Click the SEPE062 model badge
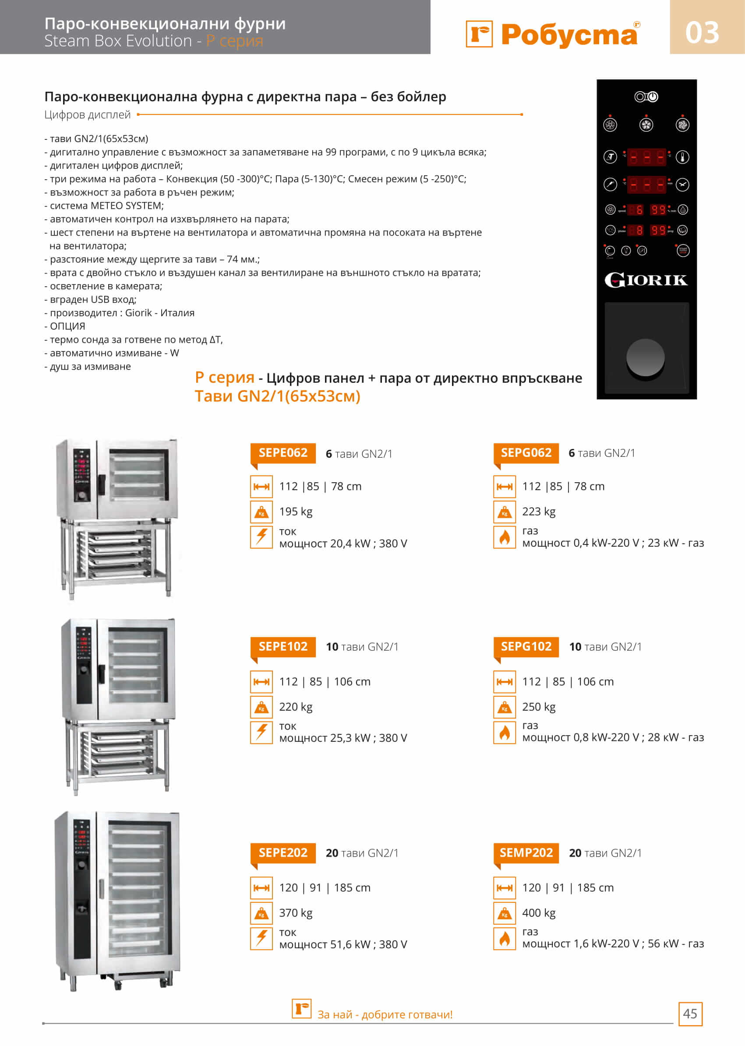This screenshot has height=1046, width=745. point(282,453)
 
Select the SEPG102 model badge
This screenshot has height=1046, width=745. point(526,647)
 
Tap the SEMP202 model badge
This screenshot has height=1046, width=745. point(526,853)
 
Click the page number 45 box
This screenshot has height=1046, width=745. point(690,1014)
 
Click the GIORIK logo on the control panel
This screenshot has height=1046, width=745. point(646,280)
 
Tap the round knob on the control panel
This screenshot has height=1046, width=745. point(646,358)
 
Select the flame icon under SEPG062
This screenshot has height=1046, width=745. point(505,537)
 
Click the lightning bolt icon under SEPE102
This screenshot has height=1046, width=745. point(261,732)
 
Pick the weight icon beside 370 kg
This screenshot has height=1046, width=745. point(261,913)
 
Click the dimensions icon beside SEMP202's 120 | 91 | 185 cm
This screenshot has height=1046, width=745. point(505,888)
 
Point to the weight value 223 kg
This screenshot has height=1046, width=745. point(539,512)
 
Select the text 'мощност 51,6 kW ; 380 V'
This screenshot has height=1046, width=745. point(343,945)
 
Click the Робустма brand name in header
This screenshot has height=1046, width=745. point(569,35)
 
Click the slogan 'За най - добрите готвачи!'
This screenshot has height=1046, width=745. point(385,1015)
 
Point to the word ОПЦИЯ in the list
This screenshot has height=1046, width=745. point(67,326)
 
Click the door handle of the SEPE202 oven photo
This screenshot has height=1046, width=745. point(101,889)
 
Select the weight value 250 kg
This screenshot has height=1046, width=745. point(539,707)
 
